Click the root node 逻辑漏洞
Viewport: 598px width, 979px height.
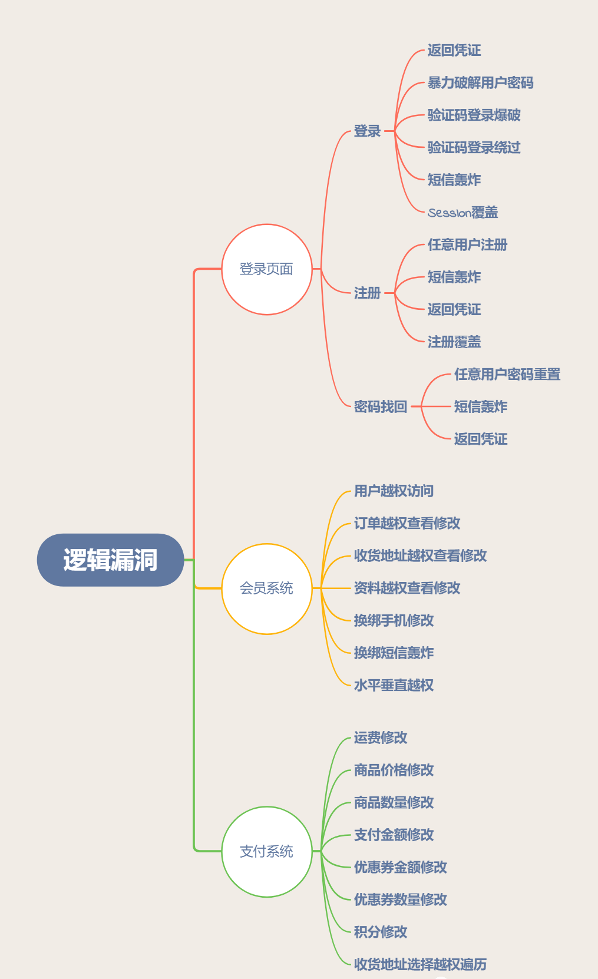(110, 560)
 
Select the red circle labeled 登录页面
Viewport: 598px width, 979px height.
(266, 269)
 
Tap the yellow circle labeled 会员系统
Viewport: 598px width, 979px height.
(266, 588)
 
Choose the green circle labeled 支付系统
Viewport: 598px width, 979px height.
(266, 851)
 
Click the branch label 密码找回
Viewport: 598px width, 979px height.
(381, 406)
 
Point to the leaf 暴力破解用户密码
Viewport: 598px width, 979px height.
(480, 83)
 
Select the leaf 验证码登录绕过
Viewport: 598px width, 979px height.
(474, 147)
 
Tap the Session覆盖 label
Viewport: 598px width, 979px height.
(462, 212)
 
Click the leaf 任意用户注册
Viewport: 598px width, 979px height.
(467, 244)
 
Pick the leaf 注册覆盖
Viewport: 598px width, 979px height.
(454, 342)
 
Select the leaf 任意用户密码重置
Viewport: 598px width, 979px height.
(507, 374)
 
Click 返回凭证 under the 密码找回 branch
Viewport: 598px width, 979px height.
(480, 439)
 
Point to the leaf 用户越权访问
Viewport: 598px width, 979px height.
(394, 491)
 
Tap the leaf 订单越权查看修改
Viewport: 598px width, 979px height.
(407, 523)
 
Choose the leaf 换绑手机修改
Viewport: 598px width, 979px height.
(394, 620)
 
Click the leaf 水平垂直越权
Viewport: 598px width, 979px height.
(394, 685)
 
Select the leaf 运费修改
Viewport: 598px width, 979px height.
(381, 737)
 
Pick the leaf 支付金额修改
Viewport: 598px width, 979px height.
(394, 835)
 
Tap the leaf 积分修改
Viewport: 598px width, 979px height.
(381, 932)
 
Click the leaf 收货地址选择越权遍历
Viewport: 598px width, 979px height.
(420, 964)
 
